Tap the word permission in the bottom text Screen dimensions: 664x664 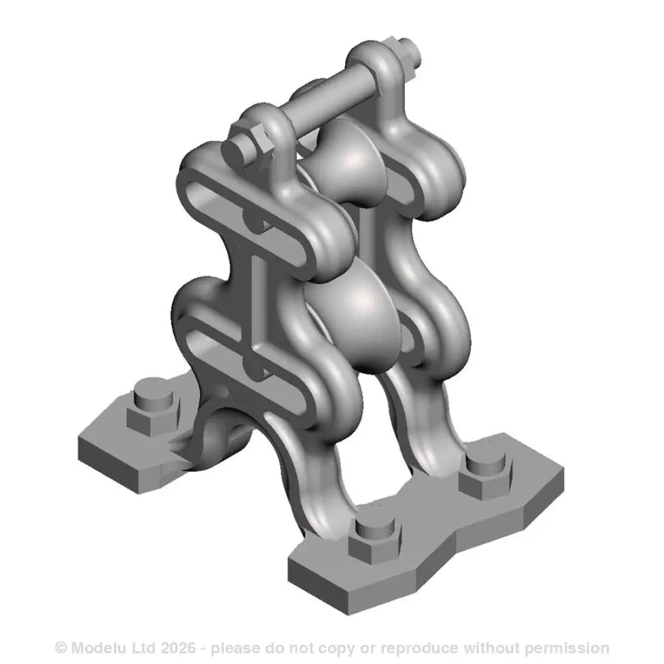tap(572, 647)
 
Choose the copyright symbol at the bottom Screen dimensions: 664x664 tap(60, 647)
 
